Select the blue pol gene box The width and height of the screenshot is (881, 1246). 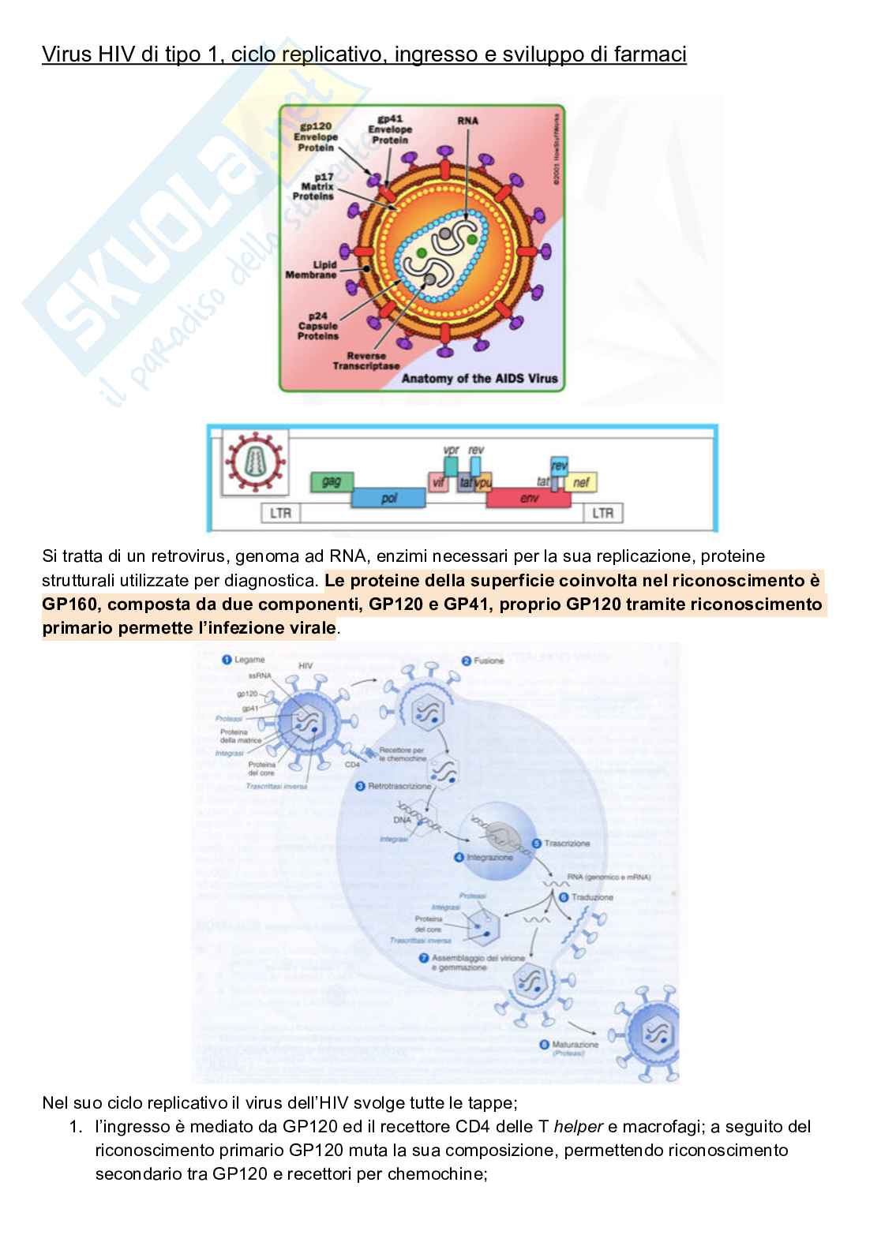click(388, 498)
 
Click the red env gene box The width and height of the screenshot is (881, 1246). click(529, 498)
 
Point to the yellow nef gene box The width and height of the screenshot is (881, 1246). click(581, 481)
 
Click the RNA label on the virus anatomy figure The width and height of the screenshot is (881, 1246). click(467, 121)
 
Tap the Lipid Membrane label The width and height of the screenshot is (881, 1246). click(310, 270)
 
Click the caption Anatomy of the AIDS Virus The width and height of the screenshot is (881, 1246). click(480, 379)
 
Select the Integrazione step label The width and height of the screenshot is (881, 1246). click(489, 857)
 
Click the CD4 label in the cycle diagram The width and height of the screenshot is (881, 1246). click(352, 764)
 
